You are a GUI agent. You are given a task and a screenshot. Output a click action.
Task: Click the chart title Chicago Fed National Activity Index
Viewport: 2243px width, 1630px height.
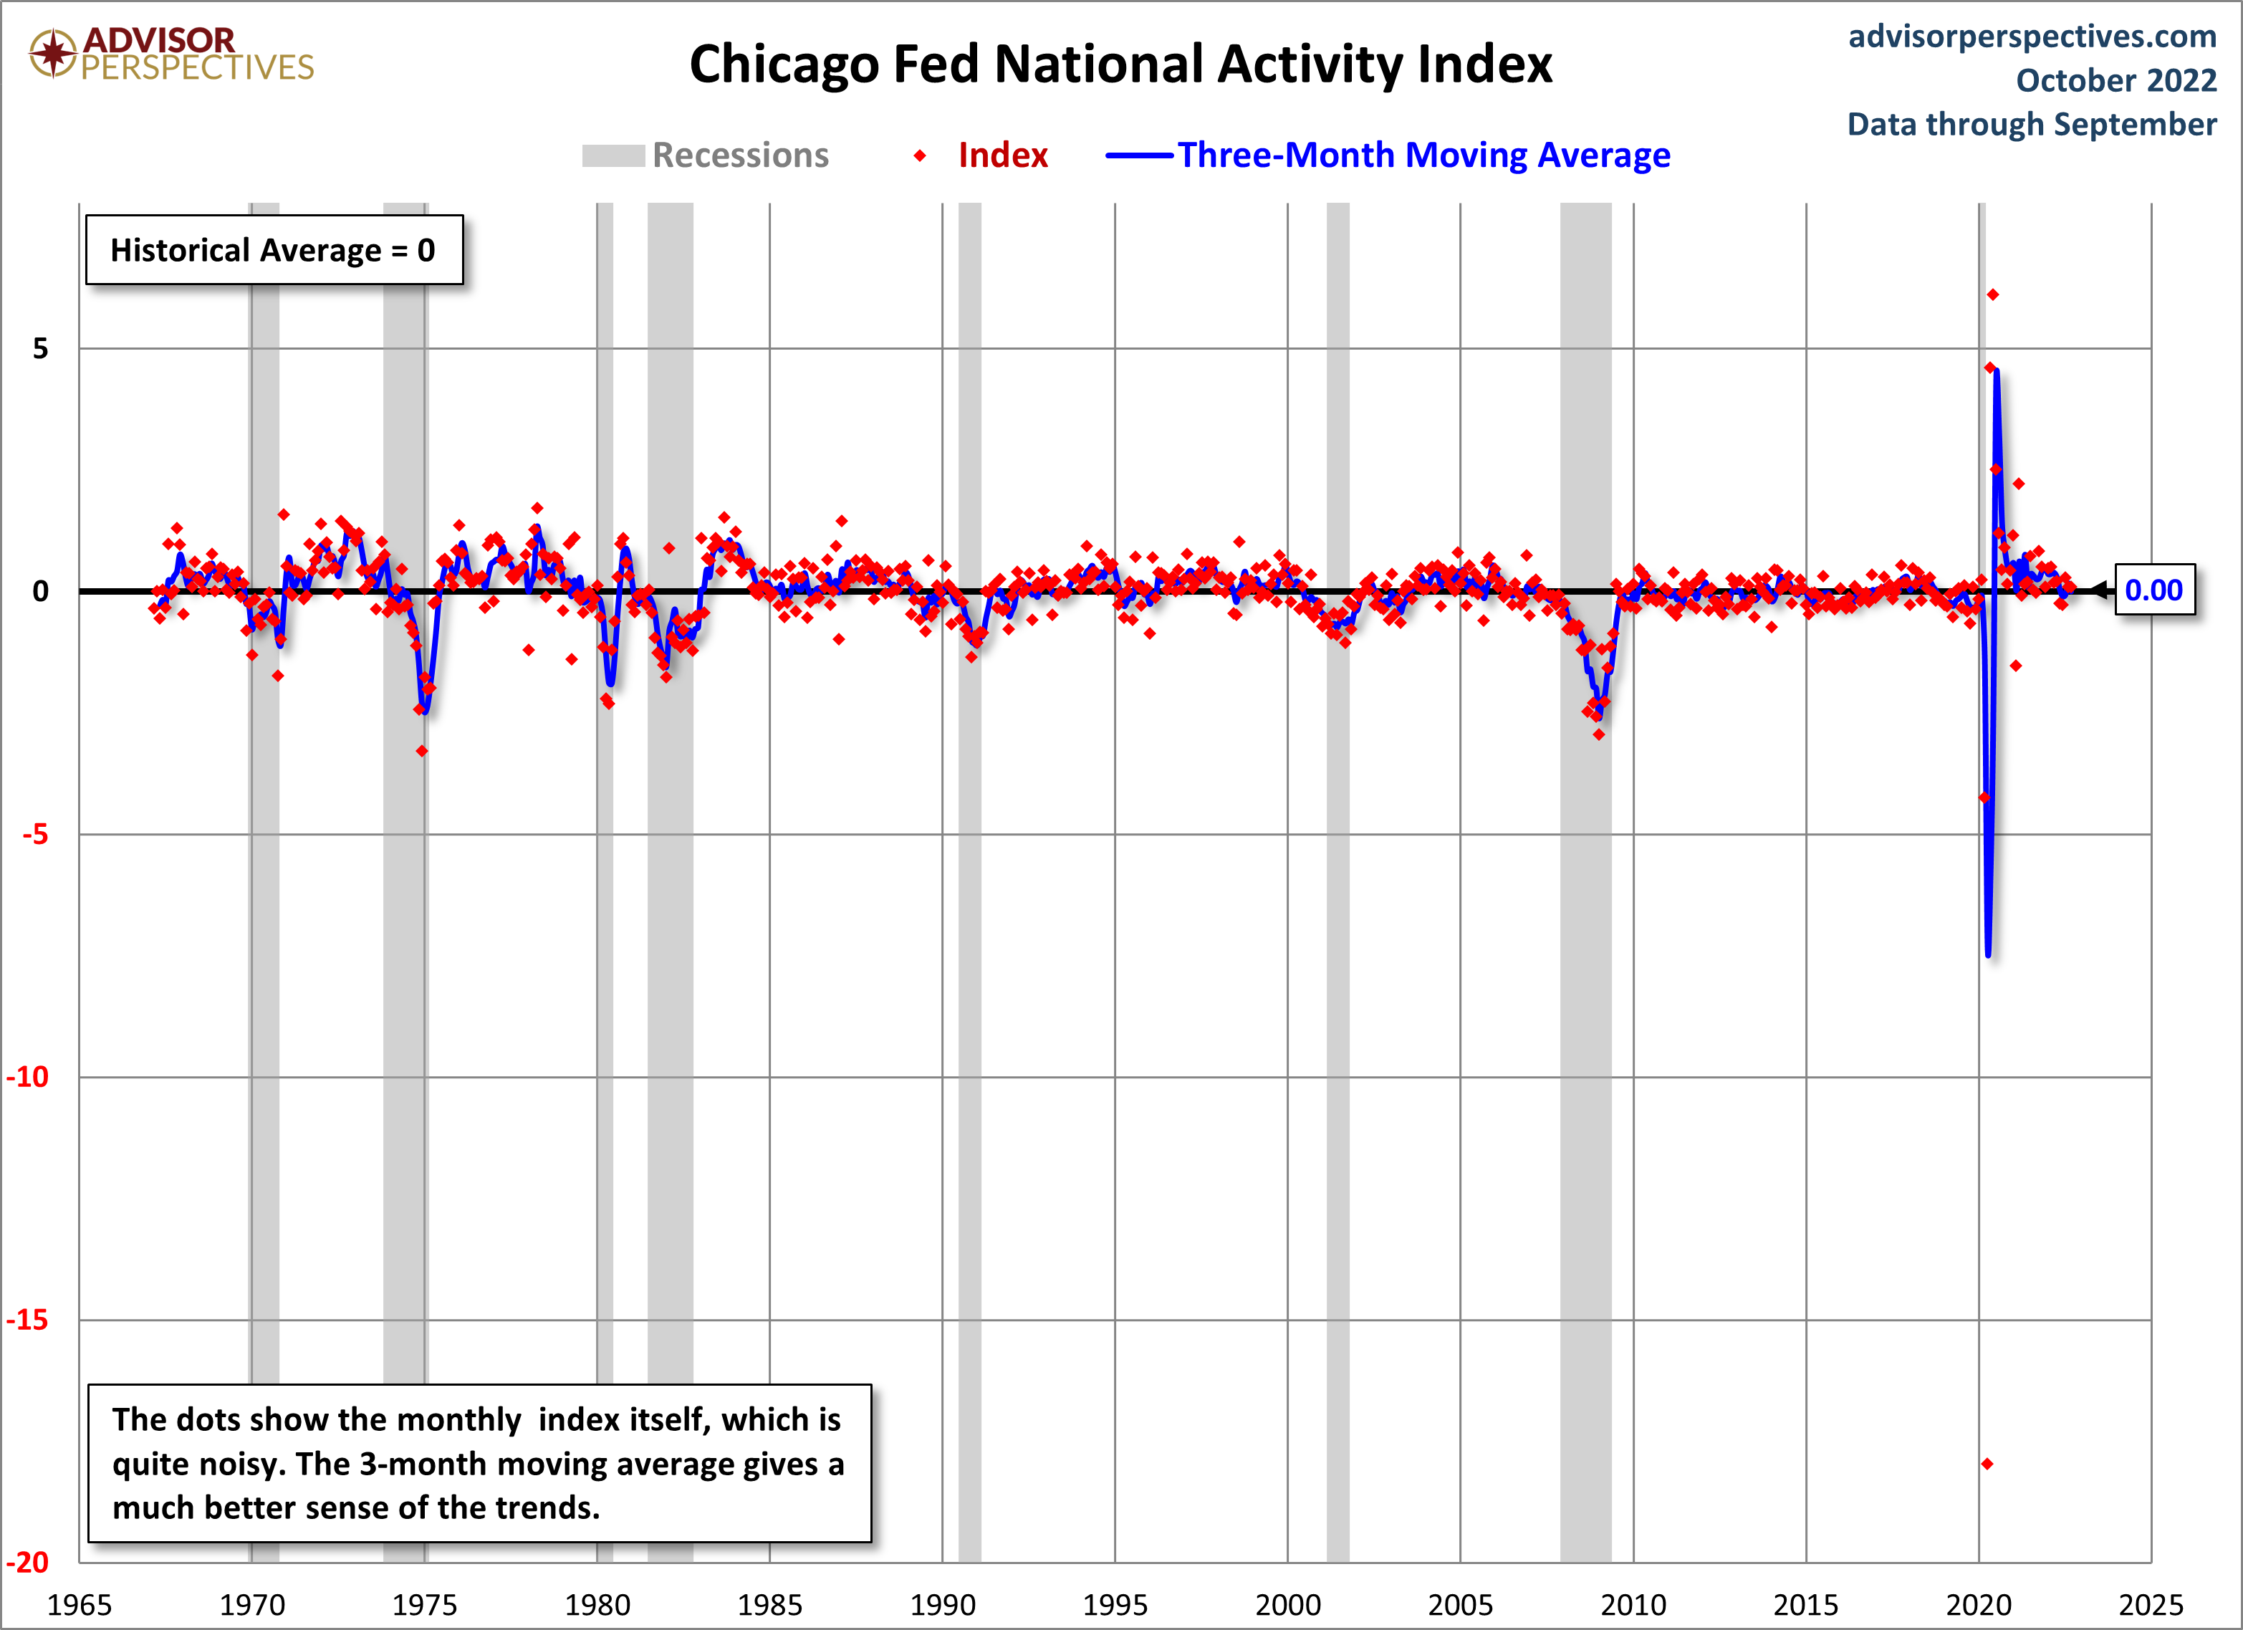(1120, 65)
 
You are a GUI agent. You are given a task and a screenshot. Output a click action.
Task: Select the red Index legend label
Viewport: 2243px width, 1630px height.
(1002, 155)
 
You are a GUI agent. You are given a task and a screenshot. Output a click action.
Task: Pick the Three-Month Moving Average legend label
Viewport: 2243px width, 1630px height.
(1423, 155)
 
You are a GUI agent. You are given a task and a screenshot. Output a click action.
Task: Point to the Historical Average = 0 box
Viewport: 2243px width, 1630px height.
(274, 250)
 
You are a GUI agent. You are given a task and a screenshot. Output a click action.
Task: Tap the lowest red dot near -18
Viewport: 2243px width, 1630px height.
(1987, 1464)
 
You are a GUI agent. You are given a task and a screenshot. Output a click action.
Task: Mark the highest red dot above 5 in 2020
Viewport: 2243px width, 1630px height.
(1993, 294)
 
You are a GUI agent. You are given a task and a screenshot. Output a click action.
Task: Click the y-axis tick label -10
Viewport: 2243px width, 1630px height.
(28, 1077)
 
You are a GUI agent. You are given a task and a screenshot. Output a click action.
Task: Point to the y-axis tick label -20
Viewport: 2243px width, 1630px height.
(28, 1563)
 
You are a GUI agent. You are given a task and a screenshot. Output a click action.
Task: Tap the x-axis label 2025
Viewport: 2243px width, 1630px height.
(2150, 1604)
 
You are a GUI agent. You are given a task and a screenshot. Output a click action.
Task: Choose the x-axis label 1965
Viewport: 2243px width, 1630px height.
(79, 1604)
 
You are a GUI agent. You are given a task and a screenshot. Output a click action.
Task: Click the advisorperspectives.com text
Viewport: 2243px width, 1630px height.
(2032, 37)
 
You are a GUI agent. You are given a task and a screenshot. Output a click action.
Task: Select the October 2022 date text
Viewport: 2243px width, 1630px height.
(2115, 80)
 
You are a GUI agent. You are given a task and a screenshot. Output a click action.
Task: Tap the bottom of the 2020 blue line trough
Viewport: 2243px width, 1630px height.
(1988, 954)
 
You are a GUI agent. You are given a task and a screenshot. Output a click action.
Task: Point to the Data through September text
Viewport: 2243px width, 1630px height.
(2032, 125)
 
